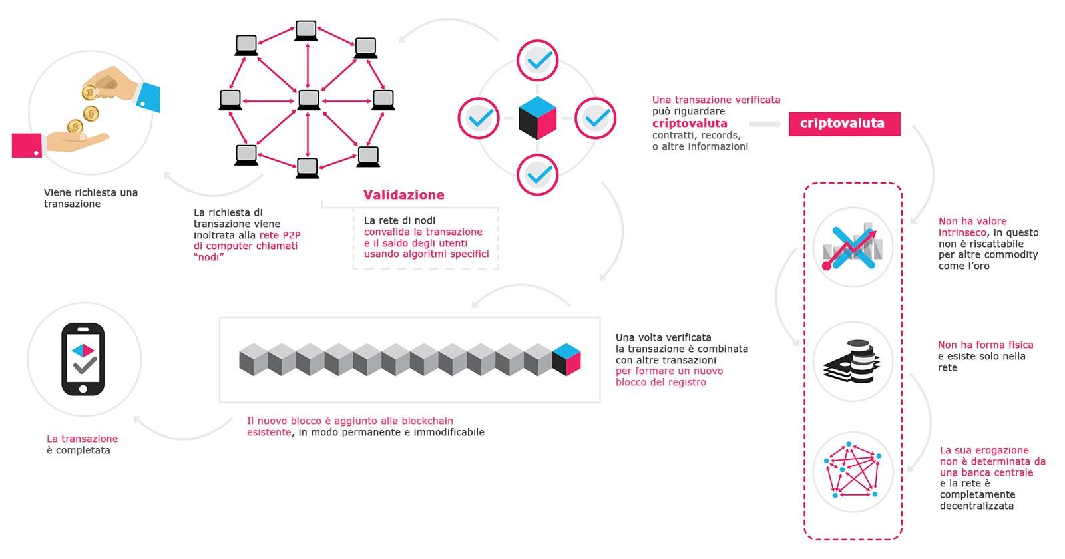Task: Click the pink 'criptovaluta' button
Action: pyautogui.click(x=845, y=124)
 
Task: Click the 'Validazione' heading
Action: pyautogui.click(x=403, y=195)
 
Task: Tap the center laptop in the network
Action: pyautogui.click(x=309, y=100)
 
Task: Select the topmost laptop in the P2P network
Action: pyautogui.click(x=306, y=31)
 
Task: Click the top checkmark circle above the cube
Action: pyautogui.click(x=538, y=61)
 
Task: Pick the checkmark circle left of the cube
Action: pyautogui.click(x=479, y=118)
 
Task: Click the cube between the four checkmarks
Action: pyautogui.click(x=538, y=118)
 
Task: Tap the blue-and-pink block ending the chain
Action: pyautogui.click(x=566, y=360)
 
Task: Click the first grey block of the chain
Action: pyautogui.click(x=254, y=360)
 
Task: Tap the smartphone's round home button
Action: pyautogui.click(x=83, y=389)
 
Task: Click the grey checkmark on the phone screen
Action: pyautogui.click(x=85, y=365)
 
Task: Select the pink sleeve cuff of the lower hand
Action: pyautogui.click(x=27, y=145)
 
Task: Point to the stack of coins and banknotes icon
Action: pyautogui.click(x=853, y=361)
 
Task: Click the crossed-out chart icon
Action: pyautogui.click(x=853, y=246)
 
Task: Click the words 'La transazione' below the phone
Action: pyautogui.click(x=83, y=439)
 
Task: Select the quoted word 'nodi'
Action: pyautogui.click(x=209, y=257)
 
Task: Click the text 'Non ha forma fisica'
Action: pyautogui.click(x=986, y=345)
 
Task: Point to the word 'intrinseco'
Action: pyautogui.click(x=962, y=232)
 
